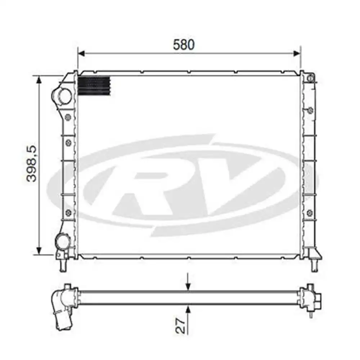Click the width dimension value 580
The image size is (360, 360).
(x=184, y=45)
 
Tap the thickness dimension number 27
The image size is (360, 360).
(x=183, y=325)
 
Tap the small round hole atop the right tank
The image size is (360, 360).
(x=311, y=77)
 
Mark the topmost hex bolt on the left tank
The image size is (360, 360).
(x=68, y=117)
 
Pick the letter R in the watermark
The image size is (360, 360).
(x=144, y=184)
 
